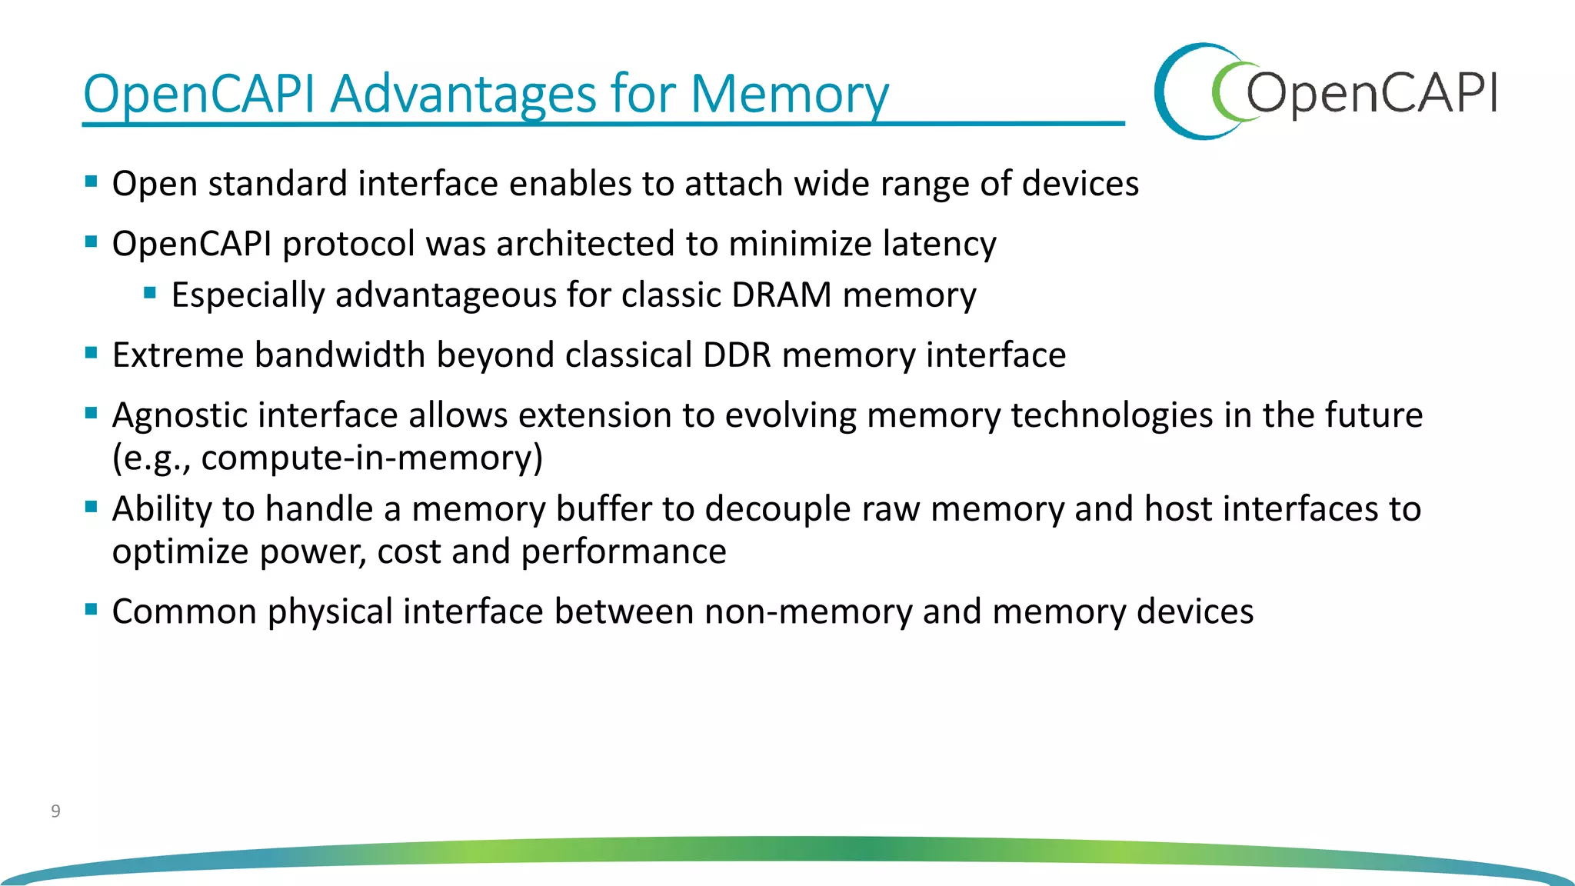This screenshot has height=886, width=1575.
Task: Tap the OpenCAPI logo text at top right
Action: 1370,93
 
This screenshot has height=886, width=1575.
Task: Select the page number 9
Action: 55,811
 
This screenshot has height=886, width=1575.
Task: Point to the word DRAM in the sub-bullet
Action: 781,295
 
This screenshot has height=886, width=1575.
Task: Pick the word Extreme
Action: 178,355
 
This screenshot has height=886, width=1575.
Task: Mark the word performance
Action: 623,552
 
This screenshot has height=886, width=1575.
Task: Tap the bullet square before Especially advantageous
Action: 150,292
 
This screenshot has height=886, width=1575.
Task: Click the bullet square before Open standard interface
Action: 92,182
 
